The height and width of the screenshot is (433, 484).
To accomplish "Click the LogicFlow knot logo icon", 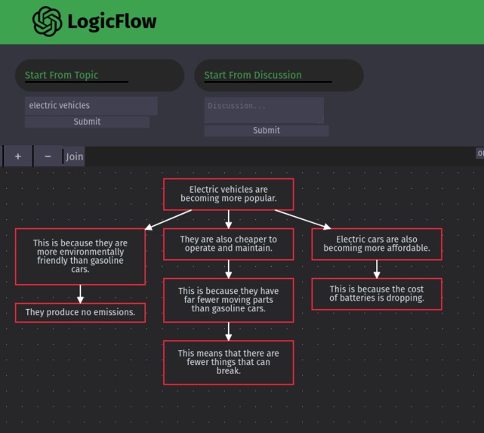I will (x=47, y=21).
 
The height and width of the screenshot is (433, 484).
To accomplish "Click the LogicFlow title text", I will (x=112, y=22).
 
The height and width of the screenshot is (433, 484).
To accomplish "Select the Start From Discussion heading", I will (x=252, y=75).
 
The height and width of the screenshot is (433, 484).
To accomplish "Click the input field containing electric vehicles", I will (x=91, y=106).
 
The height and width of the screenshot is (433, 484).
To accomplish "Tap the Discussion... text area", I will (x=264, y=110).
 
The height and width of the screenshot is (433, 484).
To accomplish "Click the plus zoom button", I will (x=18, y=156).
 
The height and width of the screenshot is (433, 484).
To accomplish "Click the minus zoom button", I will (x=48, y=156).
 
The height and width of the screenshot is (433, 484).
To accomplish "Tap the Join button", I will (x=74, y=156).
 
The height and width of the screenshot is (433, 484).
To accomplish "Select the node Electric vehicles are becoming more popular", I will (x=228, y=194).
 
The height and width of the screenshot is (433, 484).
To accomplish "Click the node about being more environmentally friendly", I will (x=80, y=256).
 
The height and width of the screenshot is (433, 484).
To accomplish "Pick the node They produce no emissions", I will (x=80, y=312).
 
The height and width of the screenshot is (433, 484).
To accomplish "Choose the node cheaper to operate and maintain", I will (x=228, y=243).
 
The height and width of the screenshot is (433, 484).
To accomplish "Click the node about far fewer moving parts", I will (x=228, y=300).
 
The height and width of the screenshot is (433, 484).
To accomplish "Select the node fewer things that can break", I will (x=228, y=362).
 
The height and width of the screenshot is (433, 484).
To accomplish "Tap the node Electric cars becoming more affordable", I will (x=376, y=243).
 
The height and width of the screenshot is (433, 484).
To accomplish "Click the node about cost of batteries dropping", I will (x=376, y=293).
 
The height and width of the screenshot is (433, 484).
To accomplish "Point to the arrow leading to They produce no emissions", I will (x=80, y=294).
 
